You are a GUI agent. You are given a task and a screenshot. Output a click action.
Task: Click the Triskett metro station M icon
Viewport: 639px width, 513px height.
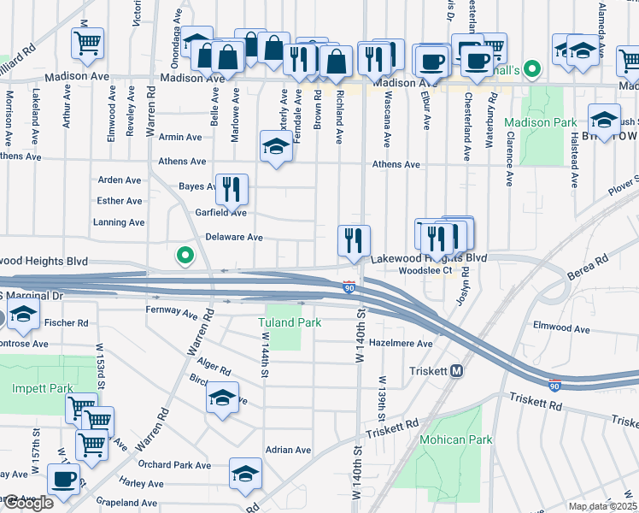point(457,371)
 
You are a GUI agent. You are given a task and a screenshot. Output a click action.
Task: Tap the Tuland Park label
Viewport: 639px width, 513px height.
point(290,322)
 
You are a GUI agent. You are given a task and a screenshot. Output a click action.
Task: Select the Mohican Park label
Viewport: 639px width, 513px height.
point(455,439)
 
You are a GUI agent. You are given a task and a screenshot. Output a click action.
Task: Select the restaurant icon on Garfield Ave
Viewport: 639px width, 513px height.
point(231,190)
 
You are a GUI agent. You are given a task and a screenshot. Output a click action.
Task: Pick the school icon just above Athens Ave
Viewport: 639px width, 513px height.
point(276,145)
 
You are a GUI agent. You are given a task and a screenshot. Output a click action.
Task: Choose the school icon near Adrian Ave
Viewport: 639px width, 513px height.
point(245,474)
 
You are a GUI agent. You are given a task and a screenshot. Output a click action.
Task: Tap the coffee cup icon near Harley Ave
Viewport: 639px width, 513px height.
point(63,478)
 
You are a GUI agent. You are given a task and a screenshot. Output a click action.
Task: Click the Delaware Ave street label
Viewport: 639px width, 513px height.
point(234,237)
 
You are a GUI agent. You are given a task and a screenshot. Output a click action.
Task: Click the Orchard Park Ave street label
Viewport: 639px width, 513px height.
point(178,465)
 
